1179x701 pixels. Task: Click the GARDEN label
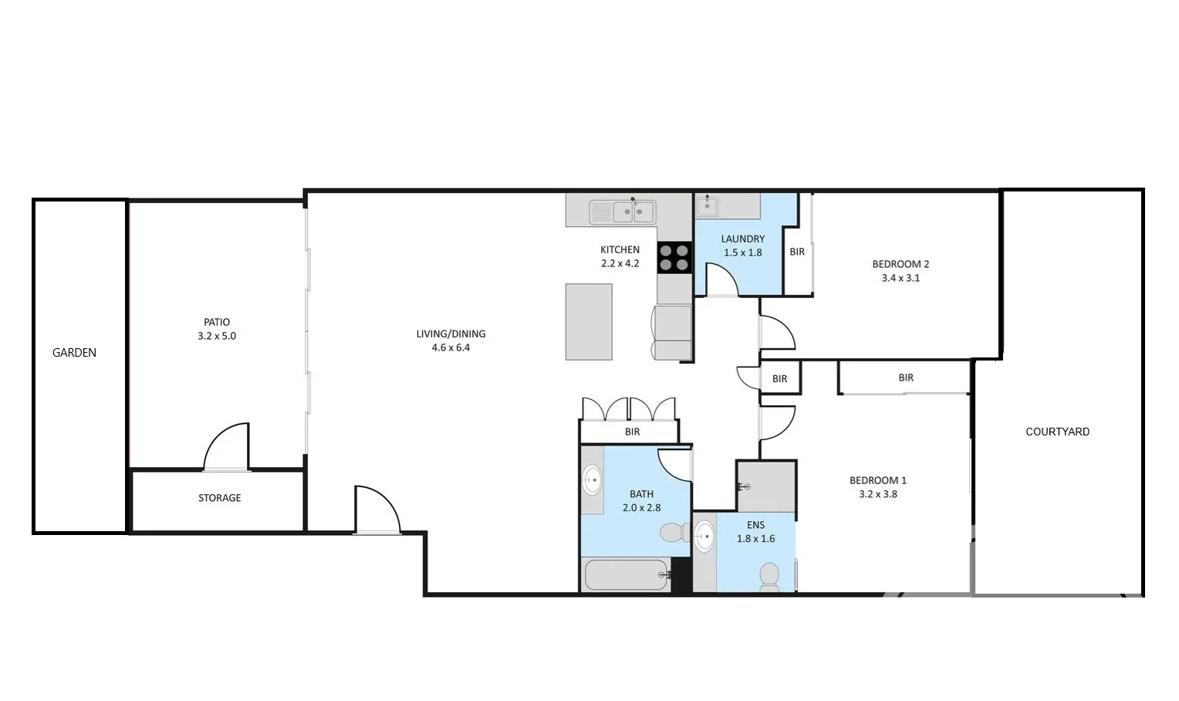point(74,353)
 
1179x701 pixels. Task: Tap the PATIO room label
point(217,322)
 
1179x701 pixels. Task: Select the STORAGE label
point(219,498)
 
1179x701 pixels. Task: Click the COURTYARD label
point(1057,432)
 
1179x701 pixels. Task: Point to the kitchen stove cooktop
point(674,257)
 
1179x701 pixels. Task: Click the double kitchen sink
point(622,212)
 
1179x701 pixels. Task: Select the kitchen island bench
point(589,321)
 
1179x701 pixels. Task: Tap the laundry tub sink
point(708,207)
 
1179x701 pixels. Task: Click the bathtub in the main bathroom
point(626,575)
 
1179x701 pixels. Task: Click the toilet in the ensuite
point(769,576)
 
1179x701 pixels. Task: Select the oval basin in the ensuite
point(704,536)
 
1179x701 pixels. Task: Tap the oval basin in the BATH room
point(593,480)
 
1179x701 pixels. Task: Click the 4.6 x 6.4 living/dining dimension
point(451,347)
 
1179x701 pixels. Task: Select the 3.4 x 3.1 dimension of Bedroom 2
point(900,278)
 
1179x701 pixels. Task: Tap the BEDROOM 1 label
point(877,480)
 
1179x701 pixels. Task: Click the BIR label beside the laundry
point(797,252)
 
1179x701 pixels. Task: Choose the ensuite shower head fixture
point(745,486)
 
